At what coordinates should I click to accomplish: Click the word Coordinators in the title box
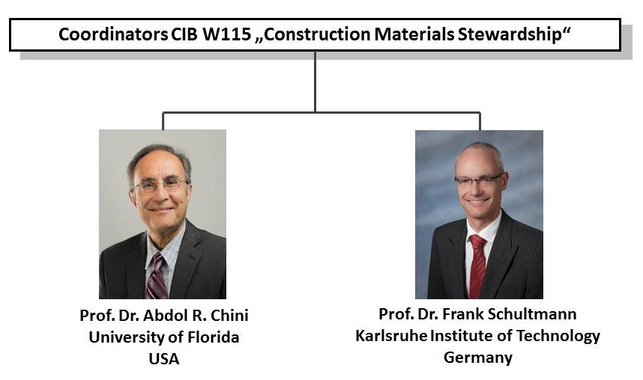tap(112, 34)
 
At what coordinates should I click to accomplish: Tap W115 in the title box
tap(227, 34)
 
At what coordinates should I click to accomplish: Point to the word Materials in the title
tap(414, 34)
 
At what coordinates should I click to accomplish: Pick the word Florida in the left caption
tap(214, 337)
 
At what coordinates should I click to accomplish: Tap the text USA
tap(164, 359)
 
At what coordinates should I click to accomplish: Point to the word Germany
tap(478, 358)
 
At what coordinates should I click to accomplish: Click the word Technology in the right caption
tap(558, 336)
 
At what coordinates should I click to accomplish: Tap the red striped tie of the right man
tap(477, 266)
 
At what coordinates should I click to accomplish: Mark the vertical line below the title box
tap(315, 82)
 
